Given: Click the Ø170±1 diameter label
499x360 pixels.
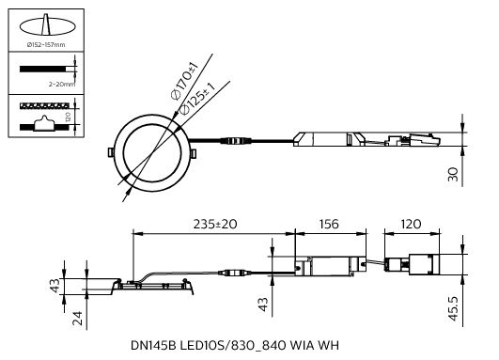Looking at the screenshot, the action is pyautogui.click(x=184, y=82).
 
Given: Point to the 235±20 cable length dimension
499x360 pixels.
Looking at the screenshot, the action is pyautogui.click(x=215, y=224).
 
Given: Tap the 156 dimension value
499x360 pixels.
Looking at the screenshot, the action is pyautogui.click(x=329, y=224).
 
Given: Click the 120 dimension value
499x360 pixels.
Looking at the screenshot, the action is pyautogui.click(x=412, y=224).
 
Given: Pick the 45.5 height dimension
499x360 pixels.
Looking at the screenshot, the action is pyautogui.click(x=453, y=308).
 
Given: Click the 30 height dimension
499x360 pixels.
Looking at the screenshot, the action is pyautogui.click(x=453, y=175).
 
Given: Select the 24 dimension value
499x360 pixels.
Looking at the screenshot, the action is pyautogui.click(x=77, y=319).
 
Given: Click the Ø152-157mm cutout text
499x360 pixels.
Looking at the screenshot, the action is pyautogui.click(x=46, y=45).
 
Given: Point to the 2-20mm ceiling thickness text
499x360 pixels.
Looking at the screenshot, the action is pyautogui.click(x=62, y=85).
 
